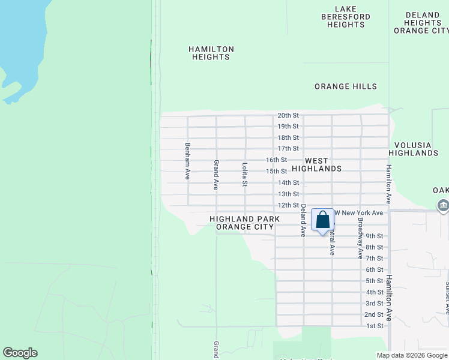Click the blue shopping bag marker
322,221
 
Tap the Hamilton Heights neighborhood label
211,53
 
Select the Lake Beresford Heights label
346,17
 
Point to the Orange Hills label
346,86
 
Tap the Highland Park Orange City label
244,223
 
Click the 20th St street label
288,115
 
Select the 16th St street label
277,160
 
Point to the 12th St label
288,205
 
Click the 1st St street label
375,326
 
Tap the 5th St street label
375,281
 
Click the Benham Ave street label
188,161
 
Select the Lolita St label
245,175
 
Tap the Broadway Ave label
360,238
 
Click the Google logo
20,353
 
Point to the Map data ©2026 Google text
411,355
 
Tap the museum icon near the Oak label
443,206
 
